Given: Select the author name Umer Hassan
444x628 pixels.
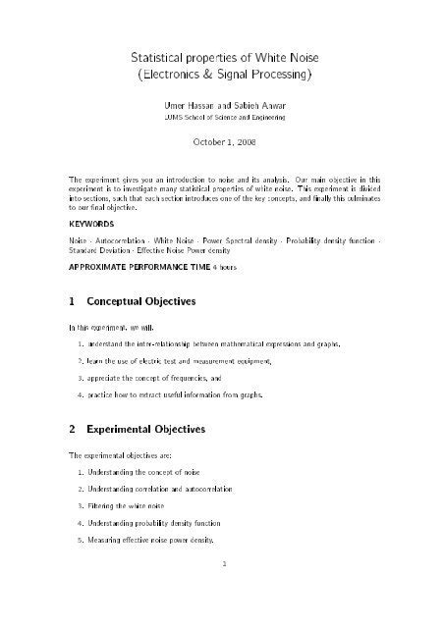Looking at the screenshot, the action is pyautogui.click(x=176, y=103).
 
